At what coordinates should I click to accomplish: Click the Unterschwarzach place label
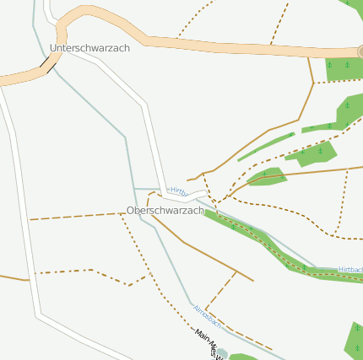pyautogui.click(x=89, y=48)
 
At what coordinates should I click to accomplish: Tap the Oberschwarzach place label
pyautogui.click(x=165, y=210)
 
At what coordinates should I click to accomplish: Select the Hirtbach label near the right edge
pyautogui.click(x=350, y=270)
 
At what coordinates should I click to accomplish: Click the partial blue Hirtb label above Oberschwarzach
pyautogui.click(x=178, y=191)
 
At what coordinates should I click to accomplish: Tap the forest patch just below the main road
pyautogui.click(x=341, y=68)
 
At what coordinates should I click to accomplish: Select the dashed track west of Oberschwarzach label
pyautogui.click(x=76, y=217)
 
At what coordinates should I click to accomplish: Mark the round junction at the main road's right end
pyautogui.click(x=360, y=51)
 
